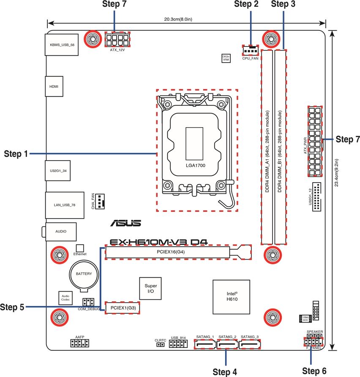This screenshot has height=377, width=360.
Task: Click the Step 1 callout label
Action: (x=16, y=154)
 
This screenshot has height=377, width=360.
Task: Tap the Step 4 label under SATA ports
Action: (x=225, y=372)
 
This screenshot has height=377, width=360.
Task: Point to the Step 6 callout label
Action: (x=314, y=371)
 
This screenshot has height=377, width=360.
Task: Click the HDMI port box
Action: (x=54, y=86)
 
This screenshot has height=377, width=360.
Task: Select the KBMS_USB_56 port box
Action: (x=62, y=44)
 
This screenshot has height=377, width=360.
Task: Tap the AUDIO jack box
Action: (x=60, y=232)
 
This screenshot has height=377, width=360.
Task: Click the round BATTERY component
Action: (x=84, y=274)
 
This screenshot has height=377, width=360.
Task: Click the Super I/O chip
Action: (x=151, y=289)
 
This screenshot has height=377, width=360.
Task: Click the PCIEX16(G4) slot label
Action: (x=168, y=252)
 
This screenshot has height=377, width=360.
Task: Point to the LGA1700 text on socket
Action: (x=195, y=165)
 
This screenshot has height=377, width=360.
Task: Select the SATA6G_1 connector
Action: (x=205, y=344)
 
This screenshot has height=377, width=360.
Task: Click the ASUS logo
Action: (x=125, y=223)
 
